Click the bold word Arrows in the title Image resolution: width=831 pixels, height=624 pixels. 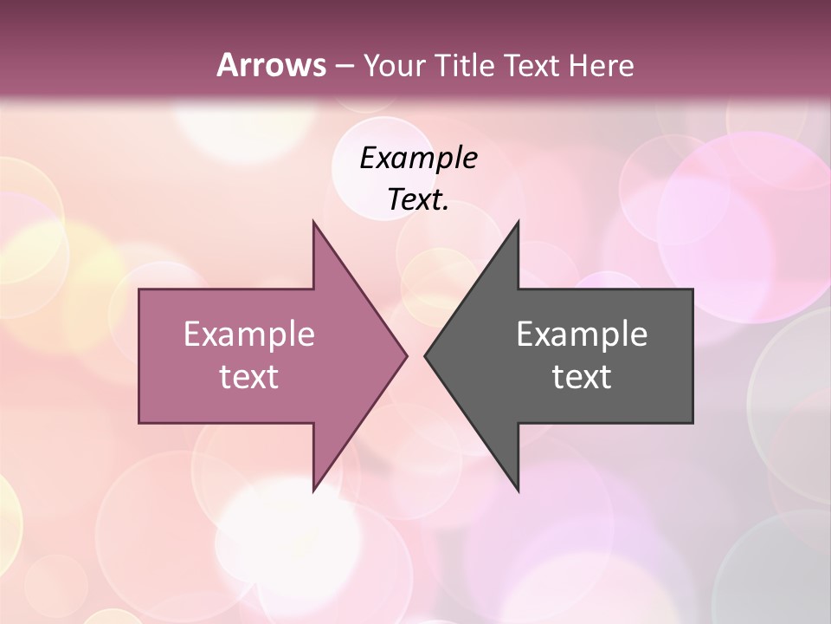tap(270, 65)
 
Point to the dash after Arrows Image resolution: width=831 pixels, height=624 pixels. tap(343, 67)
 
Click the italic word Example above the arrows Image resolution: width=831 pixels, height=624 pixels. tap(418, 159)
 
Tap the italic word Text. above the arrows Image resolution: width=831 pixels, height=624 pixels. tap(418, 200)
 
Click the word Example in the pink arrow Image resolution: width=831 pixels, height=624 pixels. tap(248, 335)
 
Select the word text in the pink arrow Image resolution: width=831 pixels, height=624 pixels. tap(248, 377)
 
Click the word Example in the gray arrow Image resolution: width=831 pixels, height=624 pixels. tap(582, 335)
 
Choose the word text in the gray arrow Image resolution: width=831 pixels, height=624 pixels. tap(582, 377)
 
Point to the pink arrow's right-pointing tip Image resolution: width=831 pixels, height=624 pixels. tap(406, 355)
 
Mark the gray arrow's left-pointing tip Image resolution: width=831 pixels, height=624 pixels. tap(425, 355)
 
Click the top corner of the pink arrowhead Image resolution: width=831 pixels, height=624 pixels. tap(313, 222)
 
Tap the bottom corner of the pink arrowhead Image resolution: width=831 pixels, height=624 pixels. tap(313, 491)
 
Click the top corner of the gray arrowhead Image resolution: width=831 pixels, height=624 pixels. tap(518, 222)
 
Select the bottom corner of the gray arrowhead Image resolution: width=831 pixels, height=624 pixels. tap(518, 491)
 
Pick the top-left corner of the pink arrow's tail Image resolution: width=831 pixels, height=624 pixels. tap(139, 289)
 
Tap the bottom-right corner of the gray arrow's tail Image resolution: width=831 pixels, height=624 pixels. tap(692, 423)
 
